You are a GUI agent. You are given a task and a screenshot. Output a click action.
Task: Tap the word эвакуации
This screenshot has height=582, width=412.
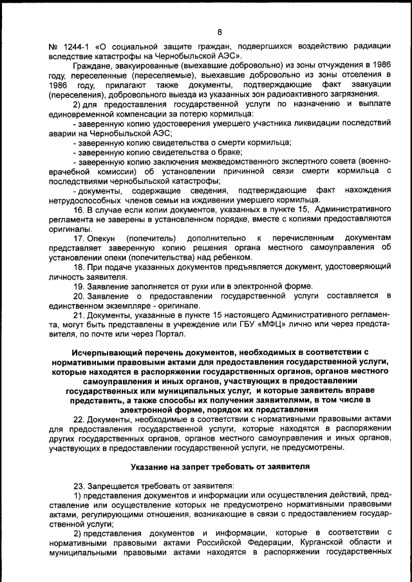click(369, 85)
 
